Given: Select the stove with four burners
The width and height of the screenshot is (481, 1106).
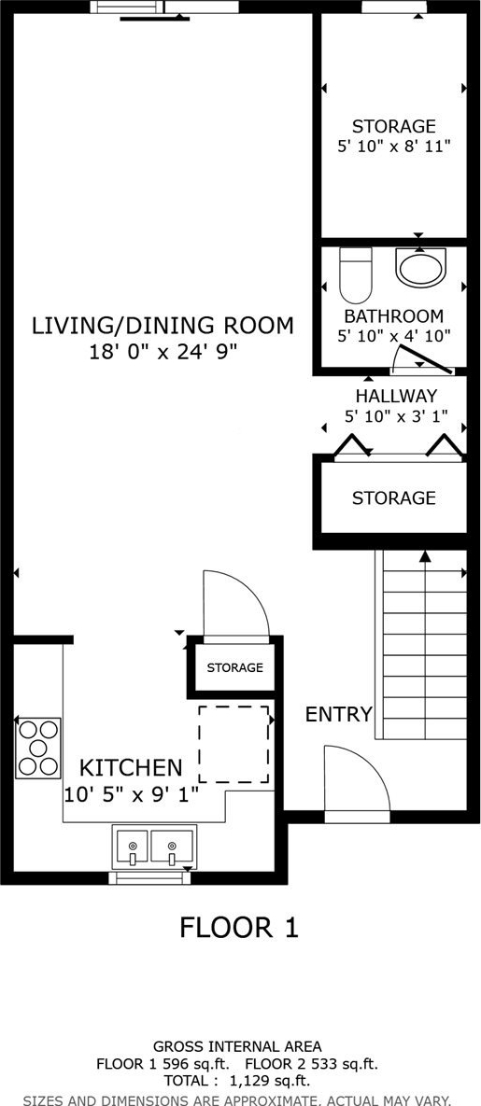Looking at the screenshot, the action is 38,748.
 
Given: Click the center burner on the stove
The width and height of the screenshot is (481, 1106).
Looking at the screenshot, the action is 38,748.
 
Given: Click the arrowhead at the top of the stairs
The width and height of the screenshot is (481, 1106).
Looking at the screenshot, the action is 425,556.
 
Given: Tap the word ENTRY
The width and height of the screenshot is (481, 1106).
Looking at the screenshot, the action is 338,715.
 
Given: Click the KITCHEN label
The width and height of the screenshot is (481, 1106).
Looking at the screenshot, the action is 131,767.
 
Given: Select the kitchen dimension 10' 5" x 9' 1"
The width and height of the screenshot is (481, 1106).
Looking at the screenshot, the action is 131,794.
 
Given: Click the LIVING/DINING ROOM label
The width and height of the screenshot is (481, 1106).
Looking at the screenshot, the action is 163,326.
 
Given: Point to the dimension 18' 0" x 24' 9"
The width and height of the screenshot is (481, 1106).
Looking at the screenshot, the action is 163,352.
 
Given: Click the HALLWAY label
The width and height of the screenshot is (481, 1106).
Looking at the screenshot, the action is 395,396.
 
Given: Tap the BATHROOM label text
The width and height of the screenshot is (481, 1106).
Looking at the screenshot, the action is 394,316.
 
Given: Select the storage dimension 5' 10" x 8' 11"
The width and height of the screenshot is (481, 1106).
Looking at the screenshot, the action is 394,147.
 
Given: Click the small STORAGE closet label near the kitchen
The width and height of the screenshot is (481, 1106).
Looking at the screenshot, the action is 235,667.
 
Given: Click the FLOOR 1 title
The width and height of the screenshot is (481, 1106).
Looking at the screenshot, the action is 239,927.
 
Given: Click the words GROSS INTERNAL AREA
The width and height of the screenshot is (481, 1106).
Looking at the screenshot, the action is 237,1047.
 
